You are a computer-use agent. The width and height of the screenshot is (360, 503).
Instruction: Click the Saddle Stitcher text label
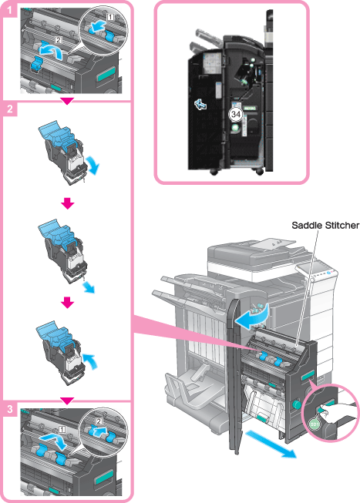click(x=325, y=225)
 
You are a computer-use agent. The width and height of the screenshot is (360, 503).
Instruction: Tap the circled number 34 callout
click(x=236, y=114)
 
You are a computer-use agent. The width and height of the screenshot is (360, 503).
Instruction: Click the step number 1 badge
click(x=9, y=10)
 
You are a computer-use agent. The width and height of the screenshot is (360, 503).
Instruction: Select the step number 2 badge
click(x=9, y=109)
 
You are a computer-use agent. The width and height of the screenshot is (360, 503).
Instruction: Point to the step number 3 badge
click(x=9, y=409)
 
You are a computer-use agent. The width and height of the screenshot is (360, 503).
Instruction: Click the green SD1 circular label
click(x=315, y=424)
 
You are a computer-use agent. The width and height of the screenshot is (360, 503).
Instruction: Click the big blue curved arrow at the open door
click(x=253, y=317)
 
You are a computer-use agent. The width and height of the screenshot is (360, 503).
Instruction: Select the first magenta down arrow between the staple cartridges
click(x=67, y=203)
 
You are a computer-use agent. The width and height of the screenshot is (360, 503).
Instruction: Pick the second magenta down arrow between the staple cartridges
click(x=67, y=302)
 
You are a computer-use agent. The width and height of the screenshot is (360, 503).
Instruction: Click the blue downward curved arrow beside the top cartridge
click(x=94, y=164)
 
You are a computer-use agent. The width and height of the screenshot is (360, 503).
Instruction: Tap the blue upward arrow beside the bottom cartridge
click(x=90, y=361)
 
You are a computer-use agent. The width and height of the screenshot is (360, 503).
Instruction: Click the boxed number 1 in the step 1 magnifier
click(x=110, y=17)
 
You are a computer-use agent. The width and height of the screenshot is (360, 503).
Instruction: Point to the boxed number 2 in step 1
click(x=58, y=40)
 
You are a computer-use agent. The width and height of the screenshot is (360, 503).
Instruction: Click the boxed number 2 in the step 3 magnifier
click(x=99, y=421)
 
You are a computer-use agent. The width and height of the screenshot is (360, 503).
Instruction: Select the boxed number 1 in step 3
click(x=62, y=429)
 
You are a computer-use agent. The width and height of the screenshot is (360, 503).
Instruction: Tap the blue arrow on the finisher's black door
click(x=200, y=104)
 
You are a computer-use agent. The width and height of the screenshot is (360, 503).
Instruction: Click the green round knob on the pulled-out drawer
click(x=294, y=404)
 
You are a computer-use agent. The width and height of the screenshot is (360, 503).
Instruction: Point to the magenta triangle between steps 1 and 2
click(x=67, y=101)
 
